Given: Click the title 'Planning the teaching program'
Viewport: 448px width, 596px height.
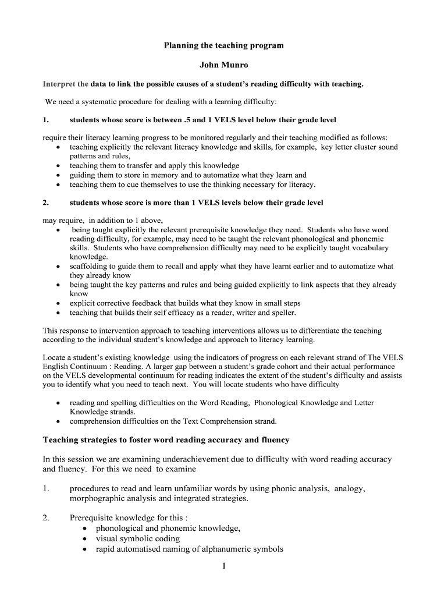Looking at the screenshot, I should tap(223, 45).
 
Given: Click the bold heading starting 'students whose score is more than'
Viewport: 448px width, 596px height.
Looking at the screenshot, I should tap(196, 203).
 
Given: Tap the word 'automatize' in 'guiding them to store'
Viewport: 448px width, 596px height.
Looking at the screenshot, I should tap(218, 175).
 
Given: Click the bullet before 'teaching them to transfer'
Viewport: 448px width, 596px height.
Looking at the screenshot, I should tap(58, 166).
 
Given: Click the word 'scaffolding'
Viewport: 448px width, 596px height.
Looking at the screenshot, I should tap(88, 267).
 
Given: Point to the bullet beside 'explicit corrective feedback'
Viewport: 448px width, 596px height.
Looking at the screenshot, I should tap(58, 303).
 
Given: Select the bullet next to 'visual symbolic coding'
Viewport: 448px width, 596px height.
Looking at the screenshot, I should tap(86, 538).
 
